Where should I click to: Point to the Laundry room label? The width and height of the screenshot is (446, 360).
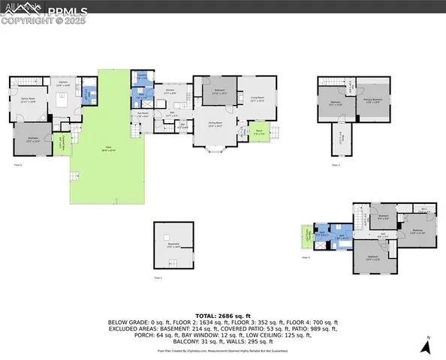[142, 78]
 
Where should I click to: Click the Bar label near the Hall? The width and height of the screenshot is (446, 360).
[182, 126]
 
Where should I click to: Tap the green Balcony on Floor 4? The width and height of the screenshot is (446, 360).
[306, 238]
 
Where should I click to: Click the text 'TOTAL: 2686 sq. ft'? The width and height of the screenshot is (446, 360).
[222, 317]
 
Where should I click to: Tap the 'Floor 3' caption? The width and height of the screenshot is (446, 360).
[336, 164]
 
